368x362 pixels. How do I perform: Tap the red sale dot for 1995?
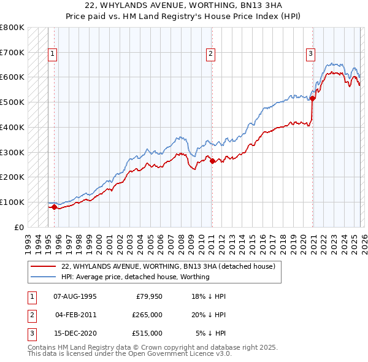click(54, 207)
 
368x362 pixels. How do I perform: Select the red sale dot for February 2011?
click(212, 161)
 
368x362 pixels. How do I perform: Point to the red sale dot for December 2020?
click(312, 98)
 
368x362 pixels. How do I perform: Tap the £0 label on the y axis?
click(18, 227)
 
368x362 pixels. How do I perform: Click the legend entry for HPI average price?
click(135, 277)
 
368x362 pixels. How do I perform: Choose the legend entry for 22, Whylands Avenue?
click(168, 266)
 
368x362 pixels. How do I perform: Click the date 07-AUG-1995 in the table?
click(75, 296)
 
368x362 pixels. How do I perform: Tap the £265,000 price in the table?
click(147, 315)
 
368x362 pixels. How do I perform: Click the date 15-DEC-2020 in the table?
click(75, 333)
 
